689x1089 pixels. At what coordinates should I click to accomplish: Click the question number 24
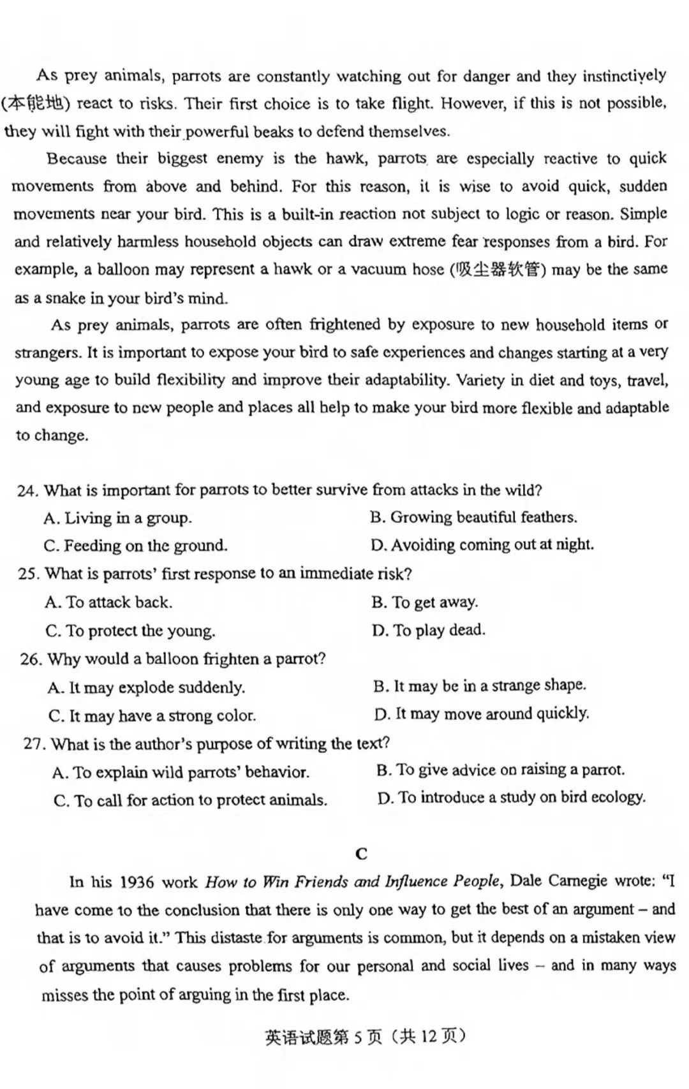pyautogui.click(x=27, y=491)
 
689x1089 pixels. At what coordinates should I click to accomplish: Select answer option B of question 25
pyautogui.click(x=424, y=603)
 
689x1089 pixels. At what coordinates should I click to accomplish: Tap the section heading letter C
pyautogui.click(x=362, y=854)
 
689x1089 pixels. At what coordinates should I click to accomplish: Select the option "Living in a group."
pyautogui.click(x=118, y=518)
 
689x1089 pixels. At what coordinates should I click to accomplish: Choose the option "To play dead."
pyautogui.click(x=429, y=631)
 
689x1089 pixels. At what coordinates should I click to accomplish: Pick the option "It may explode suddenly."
pyautogui.click(x=147, y=688)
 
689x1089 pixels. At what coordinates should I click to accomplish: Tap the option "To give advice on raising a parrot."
pyautogui.click(x=500, y=770)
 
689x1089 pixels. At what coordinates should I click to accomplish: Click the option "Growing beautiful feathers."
pyautogui.click(x=473, y=518)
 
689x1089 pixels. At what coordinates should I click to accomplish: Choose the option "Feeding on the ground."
pyautogui.click(x=136, y=546)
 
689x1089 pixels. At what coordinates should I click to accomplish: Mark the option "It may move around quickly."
pyautogui.click(x=482, y=714)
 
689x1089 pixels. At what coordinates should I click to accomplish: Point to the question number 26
pyautogui.click(x=31, y=659)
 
